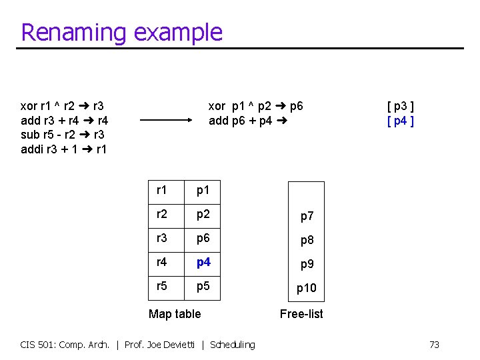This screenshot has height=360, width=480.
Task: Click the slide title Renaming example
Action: coord(121,32)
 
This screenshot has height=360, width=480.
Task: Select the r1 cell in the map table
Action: coord(162,191)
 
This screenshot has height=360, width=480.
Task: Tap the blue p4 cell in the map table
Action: coord(203,262)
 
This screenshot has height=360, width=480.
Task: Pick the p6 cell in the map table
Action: coord(203,239)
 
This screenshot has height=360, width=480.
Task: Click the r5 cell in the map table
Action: coord(162,286)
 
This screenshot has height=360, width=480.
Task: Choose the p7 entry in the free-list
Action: coord(307,216)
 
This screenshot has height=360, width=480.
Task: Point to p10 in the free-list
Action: coord(307,288)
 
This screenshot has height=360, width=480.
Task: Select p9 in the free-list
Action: coord(307,264)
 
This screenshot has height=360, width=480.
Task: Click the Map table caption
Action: coord(175,313)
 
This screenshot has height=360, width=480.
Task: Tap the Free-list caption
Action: coord(301,313)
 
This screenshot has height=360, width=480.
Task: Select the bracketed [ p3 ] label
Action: coord(401,106)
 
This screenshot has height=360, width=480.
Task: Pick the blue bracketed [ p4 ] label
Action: coord(401,121)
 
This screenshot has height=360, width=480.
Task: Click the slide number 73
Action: coord(434,345)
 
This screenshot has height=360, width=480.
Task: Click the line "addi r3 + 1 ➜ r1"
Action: coord(63,149)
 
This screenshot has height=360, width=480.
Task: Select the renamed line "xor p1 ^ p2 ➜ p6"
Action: coord(255,106)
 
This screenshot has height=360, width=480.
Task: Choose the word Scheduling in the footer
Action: coord(232,345)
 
